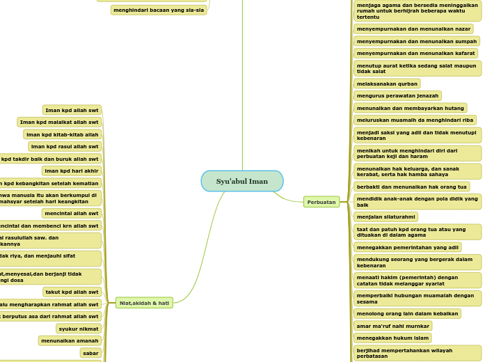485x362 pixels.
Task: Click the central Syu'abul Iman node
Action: (x=242, y=181)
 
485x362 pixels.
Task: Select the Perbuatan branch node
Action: (x=321, y=202)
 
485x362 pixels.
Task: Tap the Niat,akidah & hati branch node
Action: (x=144, y=303)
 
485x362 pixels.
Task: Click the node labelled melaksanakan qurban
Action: (x=387, y=84)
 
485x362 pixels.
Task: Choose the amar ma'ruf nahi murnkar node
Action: (x=392, y=326)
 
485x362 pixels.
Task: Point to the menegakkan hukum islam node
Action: (x=392, y=338)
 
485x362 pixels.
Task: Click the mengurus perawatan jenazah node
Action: (x=397, y=95)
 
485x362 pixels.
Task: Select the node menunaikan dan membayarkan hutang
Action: (x=411, y=108)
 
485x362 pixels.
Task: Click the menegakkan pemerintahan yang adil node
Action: (x=407, y=247)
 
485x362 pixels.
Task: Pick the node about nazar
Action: (x=413, y=29)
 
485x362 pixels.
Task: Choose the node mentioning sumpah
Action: (x=416, y=41)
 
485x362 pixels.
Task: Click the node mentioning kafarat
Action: (x=415, y=53)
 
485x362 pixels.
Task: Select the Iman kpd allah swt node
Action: (x=72, y=110)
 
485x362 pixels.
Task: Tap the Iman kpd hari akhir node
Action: (x=72, y=171)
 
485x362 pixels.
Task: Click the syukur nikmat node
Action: (x=78, y=329)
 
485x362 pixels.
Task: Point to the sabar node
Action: (x=90, y=353)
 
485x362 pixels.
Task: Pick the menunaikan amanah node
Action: (x=70, y=340)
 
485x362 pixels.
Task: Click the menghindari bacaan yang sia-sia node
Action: (x=159, y=10)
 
